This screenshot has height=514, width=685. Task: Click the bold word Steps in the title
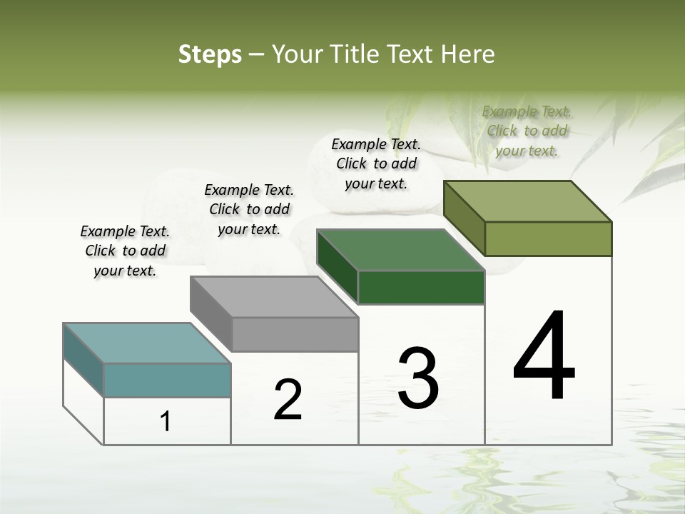209,54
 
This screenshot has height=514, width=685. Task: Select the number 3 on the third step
418,378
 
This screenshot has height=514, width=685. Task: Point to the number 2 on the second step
288,400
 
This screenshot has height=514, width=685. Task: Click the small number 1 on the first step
166,422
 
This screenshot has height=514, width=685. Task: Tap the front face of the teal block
167,380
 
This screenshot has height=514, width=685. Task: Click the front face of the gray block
295,334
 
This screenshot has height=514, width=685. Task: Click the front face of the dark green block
421,287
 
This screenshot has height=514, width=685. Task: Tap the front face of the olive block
548,238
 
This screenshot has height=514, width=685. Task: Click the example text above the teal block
125,251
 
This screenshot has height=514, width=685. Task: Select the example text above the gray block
249,209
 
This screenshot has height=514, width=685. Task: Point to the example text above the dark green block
376,163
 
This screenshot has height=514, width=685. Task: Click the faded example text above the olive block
527,131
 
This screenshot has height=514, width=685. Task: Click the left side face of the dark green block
337,266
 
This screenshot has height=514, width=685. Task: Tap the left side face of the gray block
210,312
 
